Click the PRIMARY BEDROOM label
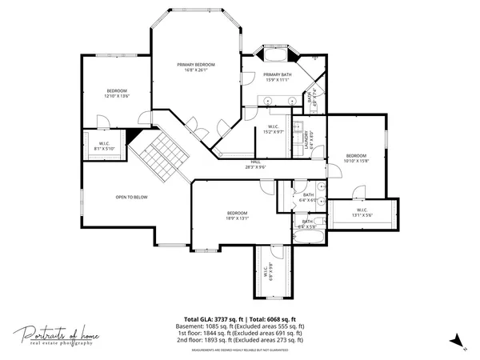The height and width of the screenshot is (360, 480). (x=196, y=67)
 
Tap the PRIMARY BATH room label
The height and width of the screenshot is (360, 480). (x=278, y=77)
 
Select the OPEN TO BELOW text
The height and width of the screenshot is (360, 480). (x=131, y=196)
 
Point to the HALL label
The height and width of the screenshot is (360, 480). (x=255, y=165)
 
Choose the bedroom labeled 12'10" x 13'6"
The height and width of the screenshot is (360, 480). (x=117, y=94)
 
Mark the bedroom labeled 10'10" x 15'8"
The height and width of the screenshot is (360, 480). (x=356, y=158)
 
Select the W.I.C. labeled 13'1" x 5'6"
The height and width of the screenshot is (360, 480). (x=363, y=214)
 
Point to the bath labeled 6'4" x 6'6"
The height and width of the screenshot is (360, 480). (x=308, y=197)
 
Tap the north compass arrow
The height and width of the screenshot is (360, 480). (x=454, y=340)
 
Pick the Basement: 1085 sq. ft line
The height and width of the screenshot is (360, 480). (x=240, y=326)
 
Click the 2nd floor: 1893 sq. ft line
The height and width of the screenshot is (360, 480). (x=240, y=339)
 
